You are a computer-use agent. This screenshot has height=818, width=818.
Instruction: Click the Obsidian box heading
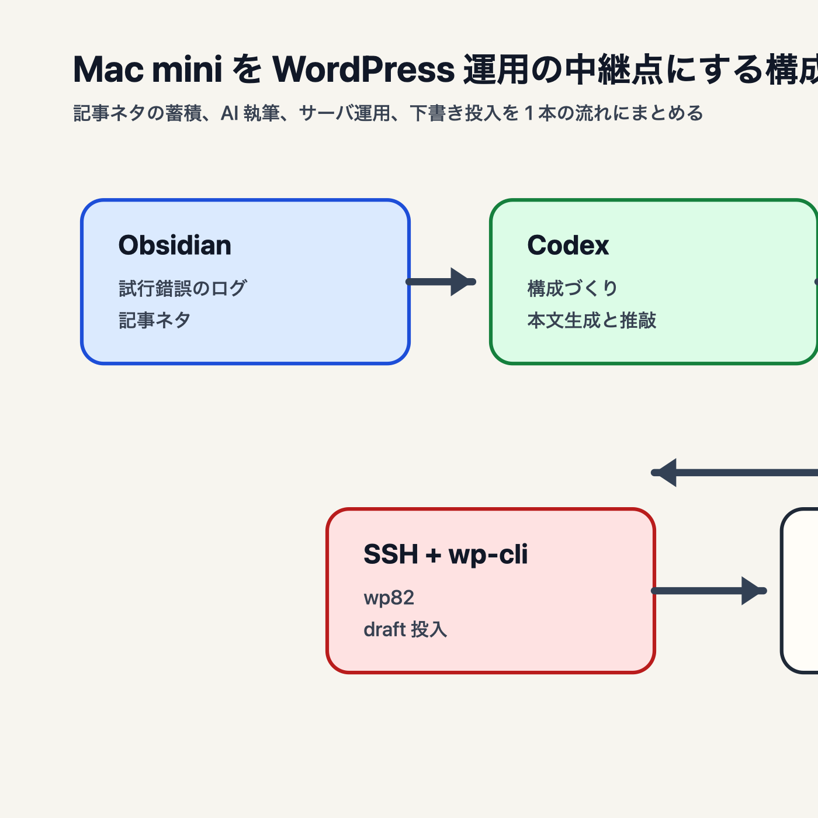pos(175,245)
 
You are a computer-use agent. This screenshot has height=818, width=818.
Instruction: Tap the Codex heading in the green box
pos(568,245)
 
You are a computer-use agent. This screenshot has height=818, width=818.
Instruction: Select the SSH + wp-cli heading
pos(445,554)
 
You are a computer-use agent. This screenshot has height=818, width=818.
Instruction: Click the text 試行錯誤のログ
pos(183,288)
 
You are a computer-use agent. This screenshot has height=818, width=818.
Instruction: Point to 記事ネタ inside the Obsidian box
pos(155,320)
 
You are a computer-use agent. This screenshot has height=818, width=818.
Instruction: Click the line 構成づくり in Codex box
pos(573,288)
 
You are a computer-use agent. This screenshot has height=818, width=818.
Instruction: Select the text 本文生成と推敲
pos(591,320)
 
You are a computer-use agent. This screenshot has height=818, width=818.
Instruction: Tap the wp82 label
pos(389,598)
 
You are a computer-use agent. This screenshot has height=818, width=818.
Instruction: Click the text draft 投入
pos(405,630)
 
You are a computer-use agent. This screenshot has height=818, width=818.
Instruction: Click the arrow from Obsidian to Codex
pos(442,282)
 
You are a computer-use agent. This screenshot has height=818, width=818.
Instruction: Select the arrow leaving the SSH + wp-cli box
pos(708,591)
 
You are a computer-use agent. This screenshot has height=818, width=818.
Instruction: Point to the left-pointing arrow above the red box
pos(730,473)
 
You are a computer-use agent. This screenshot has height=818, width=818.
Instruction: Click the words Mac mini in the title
pos(148,70)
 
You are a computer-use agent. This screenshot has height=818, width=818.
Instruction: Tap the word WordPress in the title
pos(363,70)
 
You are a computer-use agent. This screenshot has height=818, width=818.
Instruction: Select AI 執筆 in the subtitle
pos(250,113)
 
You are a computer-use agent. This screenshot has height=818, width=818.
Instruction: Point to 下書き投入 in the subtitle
pos(456,113)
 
